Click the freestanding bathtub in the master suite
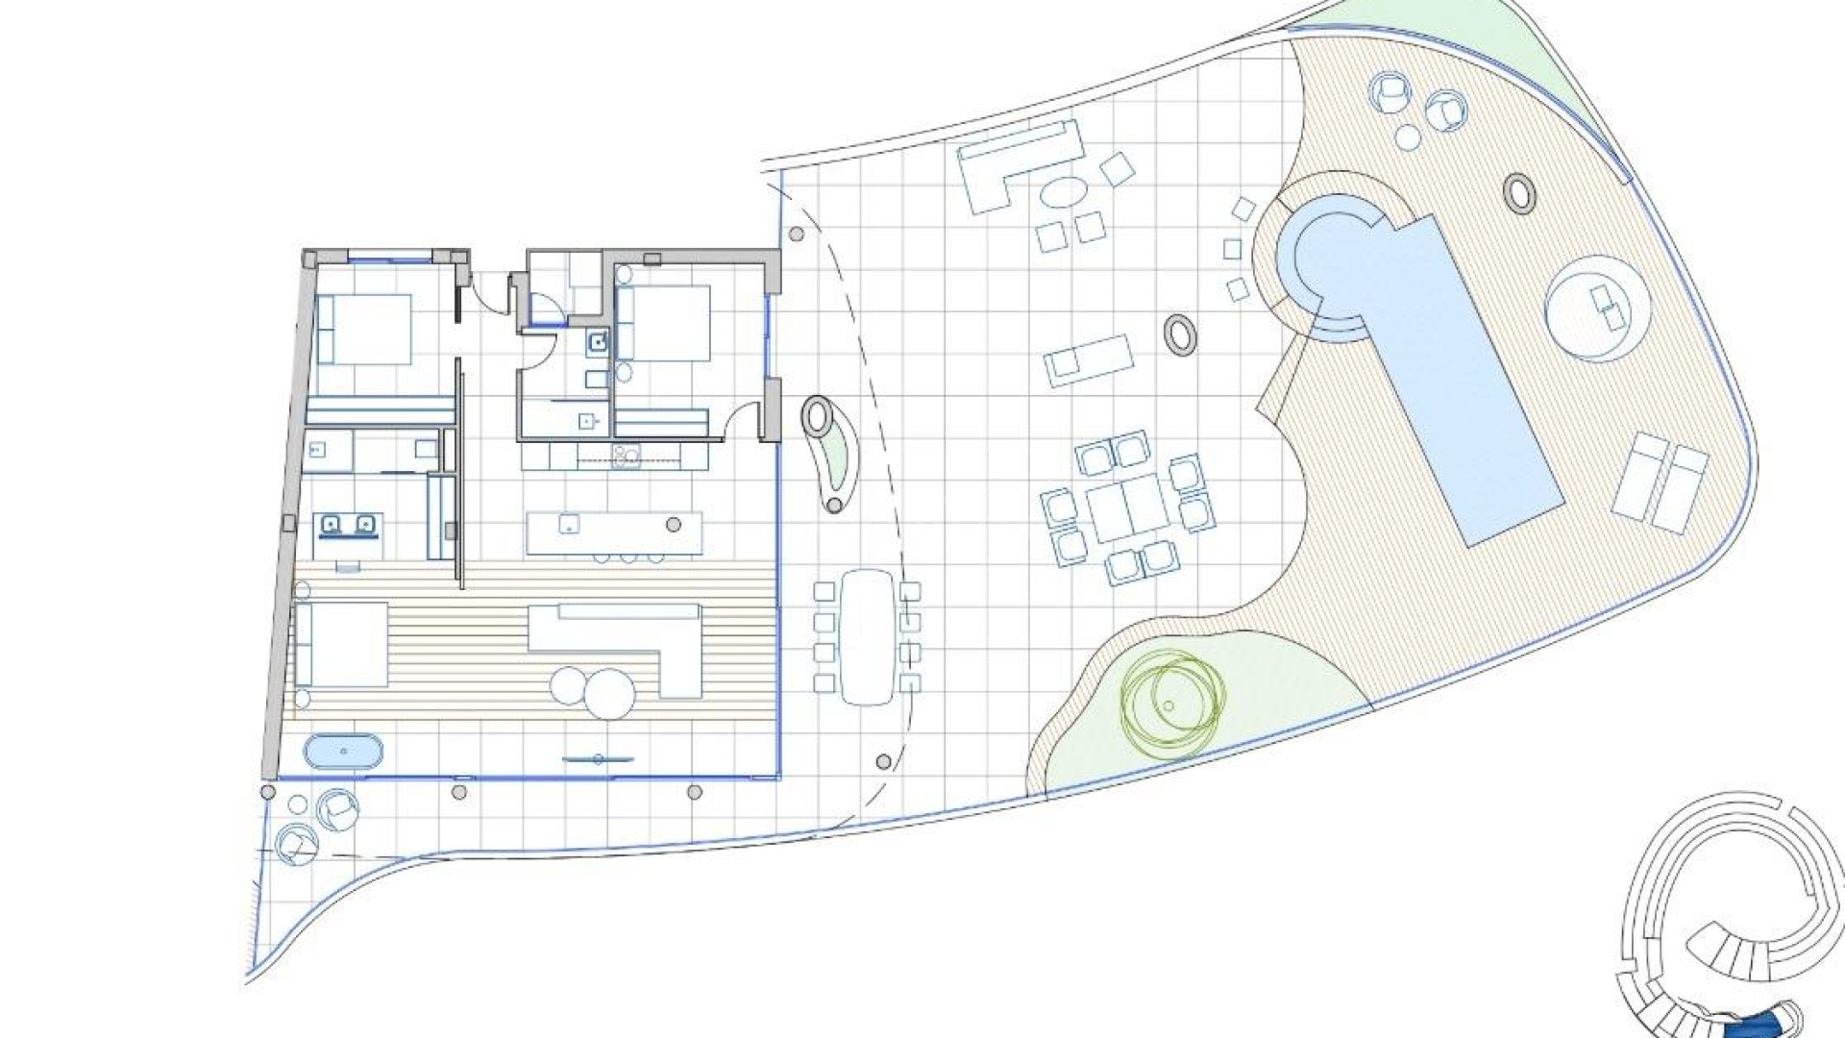[343, 752]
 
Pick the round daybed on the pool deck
[1596, 308]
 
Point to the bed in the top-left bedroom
[363, 329]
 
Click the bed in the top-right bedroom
[662, 323]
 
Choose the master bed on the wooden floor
[342, 644]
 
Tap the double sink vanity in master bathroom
[348, 525]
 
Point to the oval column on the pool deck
[1519, 193]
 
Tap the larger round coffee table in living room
[609, 693]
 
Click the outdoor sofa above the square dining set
[1089, 361]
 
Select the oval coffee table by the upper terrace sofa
[1062, 192]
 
